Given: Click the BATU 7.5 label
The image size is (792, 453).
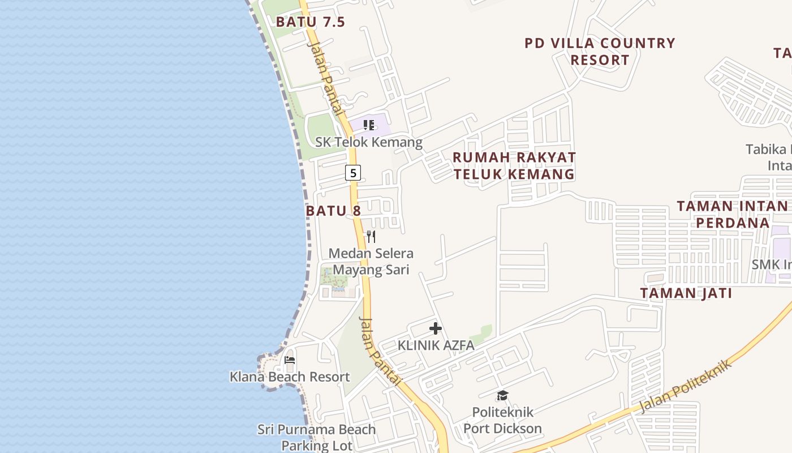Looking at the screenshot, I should coord(310,22).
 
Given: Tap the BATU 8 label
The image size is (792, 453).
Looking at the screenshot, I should coord(333,211).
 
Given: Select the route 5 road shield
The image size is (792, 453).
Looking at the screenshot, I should coord(353,173).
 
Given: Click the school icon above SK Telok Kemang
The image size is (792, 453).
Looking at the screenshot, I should coord(369,125).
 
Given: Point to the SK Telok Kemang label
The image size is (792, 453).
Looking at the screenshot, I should coord(369,142).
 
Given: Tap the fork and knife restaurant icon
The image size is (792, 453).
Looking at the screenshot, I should coord(371,236).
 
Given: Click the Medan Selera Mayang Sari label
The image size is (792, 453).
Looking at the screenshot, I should coord(371,262).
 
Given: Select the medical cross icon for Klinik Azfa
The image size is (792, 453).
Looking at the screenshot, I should coord(435,328).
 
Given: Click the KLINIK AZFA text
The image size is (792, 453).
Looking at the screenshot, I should coord(436,345).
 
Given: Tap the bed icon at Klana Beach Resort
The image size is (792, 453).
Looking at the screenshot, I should coord(290,360).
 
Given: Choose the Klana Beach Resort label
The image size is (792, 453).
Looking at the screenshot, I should coord(290,377).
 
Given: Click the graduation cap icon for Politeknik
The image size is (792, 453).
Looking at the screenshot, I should coord(502,395).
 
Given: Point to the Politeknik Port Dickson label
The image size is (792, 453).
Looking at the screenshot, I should coord(502,420).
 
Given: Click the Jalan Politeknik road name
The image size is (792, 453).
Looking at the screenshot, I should coord(686,386).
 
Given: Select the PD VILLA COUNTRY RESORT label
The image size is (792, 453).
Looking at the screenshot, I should coord(600,52).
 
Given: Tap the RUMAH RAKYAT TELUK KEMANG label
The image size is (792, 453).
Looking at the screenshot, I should coord(514,165).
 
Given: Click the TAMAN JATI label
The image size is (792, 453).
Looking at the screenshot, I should coord(686,293).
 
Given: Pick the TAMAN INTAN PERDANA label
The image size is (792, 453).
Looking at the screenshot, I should coord(733,214).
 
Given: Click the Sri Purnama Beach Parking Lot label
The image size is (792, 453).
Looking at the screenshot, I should coord(316,437).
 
